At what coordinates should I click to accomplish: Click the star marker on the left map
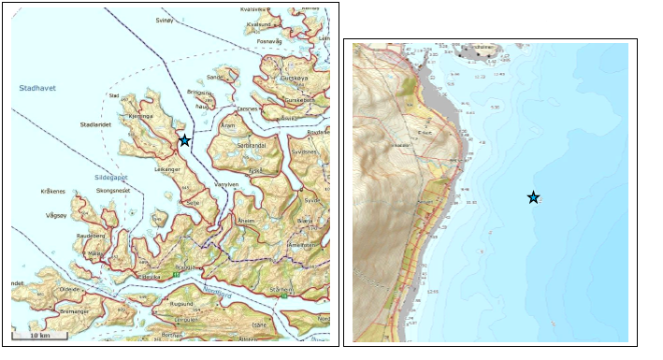(x=184, y=140)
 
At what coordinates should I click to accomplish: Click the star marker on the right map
(x=533, y=197)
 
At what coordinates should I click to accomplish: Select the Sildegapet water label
(x=111, y=177)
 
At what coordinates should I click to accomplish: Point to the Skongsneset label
(x=115, y=192)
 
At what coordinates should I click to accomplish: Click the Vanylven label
(x=229, y=185)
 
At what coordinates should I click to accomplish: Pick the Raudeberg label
(x=90, y=237)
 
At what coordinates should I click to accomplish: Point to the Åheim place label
(x=246, y=221)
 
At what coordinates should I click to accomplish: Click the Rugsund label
(x=180, y=305)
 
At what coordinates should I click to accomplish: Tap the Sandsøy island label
(x=216, y=78)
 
